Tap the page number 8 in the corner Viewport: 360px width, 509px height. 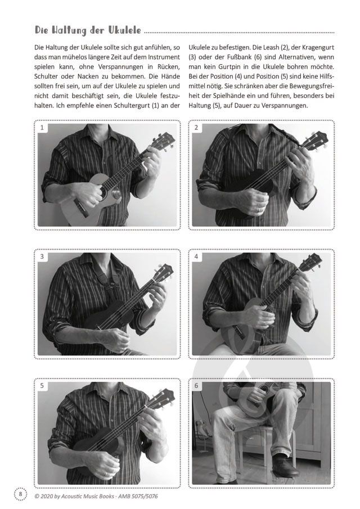click(20, 494)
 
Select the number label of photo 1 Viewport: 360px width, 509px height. click(42, 128)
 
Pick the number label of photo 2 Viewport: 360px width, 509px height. click(196, 128)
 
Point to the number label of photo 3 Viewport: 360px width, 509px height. click(42, 256)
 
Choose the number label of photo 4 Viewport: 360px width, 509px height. click(196, 256)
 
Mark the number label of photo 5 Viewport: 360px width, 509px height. click(42, 386)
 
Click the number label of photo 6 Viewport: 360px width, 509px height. click(196, 386)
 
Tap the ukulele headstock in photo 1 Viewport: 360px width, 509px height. click(163, 142)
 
